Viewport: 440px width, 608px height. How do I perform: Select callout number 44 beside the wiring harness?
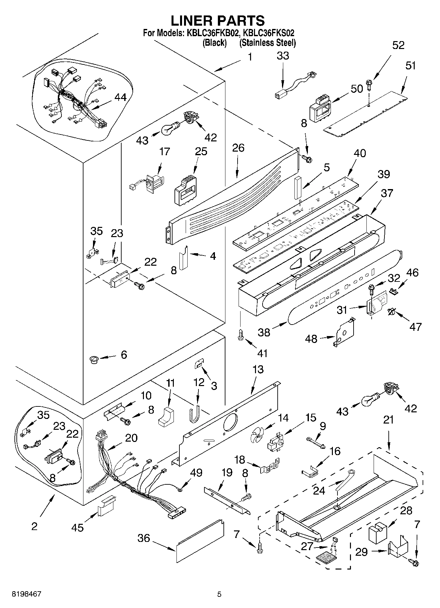click(x=120, y=97)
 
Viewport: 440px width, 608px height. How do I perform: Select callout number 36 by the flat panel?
click(x=144, y=538)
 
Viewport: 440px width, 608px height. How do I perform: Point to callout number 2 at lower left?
click(x=34, y=526)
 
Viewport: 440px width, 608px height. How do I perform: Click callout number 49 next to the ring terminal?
click(x=196, y=473)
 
